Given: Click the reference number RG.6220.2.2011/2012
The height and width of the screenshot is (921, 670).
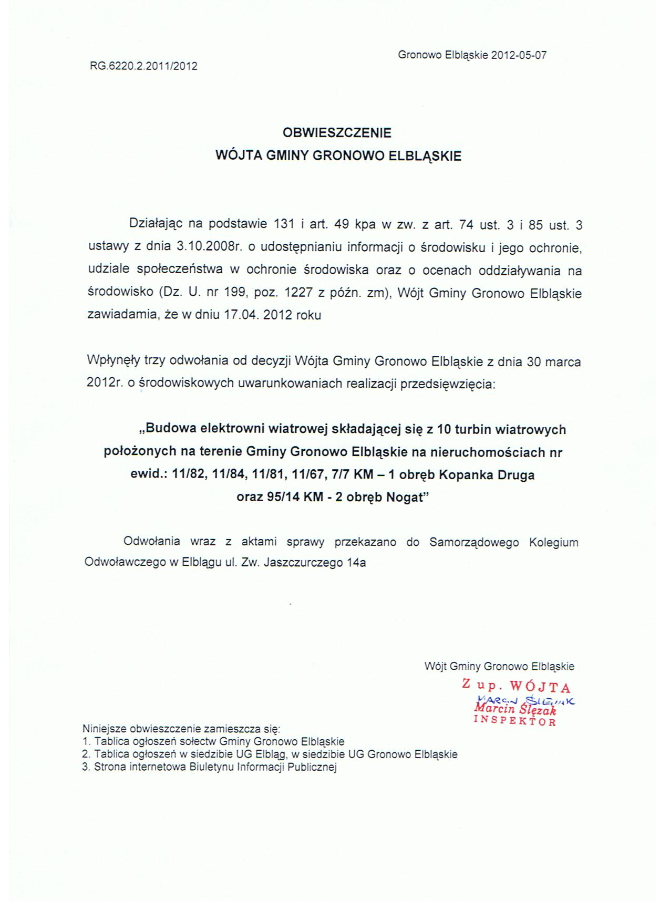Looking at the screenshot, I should click(x=143, y=66).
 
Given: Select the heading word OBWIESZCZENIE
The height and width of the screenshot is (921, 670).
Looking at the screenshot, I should click(x=337, y=132).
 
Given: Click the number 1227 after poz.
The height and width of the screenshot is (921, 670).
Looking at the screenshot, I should click(x=298, y=293).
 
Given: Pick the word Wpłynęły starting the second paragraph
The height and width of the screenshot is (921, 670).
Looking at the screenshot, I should click(x=114, y=361).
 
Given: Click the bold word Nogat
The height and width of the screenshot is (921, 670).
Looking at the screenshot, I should click(x=405, y=497).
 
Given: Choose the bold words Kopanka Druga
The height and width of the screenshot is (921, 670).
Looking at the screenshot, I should click(x=487, y=475).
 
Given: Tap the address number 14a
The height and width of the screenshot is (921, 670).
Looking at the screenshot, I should click(x=356, y=563).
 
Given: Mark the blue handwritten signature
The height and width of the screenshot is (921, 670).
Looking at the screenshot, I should click(x=525, y=700).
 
